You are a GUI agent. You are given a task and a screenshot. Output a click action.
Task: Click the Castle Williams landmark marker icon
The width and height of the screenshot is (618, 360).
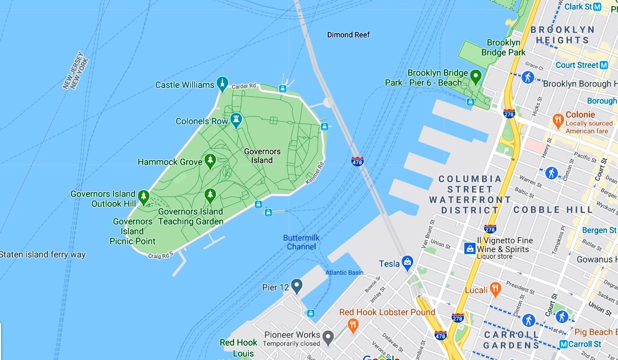(222, 84)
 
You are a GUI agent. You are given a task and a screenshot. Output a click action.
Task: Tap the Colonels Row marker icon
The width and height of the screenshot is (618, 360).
(236, 119)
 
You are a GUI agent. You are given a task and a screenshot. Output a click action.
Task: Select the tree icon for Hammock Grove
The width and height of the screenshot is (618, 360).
(210, 161)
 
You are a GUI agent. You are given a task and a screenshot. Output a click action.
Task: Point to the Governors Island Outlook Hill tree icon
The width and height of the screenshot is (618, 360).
(144, 196)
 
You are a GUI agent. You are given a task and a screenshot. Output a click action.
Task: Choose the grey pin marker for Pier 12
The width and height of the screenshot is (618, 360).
(297, 286)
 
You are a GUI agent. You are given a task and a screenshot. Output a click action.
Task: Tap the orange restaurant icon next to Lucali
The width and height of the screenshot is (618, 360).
(496, 289)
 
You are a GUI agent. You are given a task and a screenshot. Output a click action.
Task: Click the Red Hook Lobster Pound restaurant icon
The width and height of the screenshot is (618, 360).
(353, 325)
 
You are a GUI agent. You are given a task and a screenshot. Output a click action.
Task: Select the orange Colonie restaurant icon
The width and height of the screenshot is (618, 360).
(558, 119)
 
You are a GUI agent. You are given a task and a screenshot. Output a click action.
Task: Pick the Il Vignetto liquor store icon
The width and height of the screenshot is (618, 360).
(469, 249)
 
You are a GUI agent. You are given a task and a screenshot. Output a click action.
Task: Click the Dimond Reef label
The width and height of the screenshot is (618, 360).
(348, 35)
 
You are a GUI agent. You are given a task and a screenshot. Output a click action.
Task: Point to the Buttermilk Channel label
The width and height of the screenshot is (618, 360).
(301, 242)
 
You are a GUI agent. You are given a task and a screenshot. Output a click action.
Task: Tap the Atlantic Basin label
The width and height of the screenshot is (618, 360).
(344, 272)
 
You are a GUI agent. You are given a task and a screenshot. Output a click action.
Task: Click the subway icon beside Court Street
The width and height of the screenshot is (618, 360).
(604, 65)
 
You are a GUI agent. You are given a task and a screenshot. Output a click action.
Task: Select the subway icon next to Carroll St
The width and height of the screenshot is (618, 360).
(563, 344)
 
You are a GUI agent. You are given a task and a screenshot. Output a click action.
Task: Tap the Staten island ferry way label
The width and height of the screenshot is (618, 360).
(43, 255)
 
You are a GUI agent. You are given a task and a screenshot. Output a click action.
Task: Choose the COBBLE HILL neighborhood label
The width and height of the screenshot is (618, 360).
(553, 210)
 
